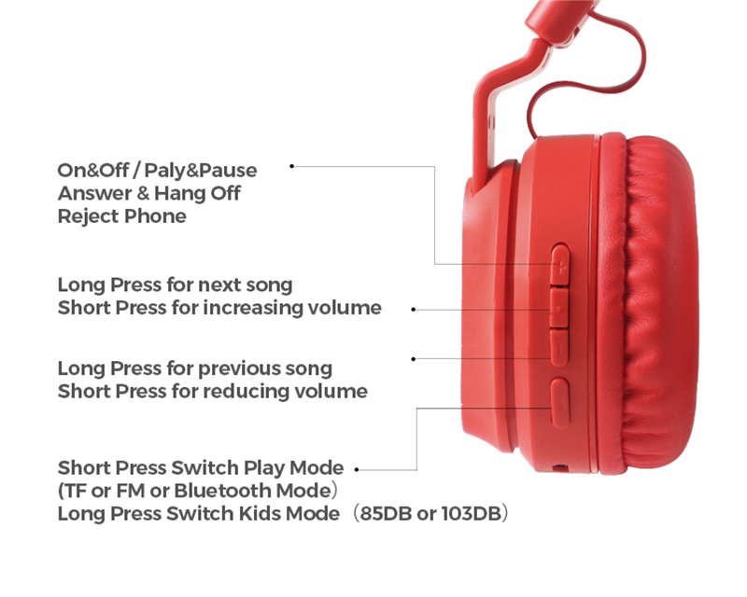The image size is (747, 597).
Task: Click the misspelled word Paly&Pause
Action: click(x=201, y=171)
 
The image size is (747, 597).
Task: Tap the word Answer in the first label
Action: click(x=95, y=193)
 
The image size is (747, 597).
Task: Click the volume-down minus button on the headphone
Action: click(x=559, y=348)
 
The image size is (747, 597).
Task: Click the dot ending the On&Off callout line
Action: click(x=292, y=166)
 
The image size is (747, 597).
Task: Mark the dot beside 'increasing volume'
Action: click(x=414, y=310)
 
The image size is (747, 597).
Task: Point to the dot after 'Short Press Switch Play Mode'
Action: click(x=357, y=470)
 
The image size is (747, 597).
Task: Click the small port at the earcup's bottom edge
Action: click(x=561, y=468)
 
